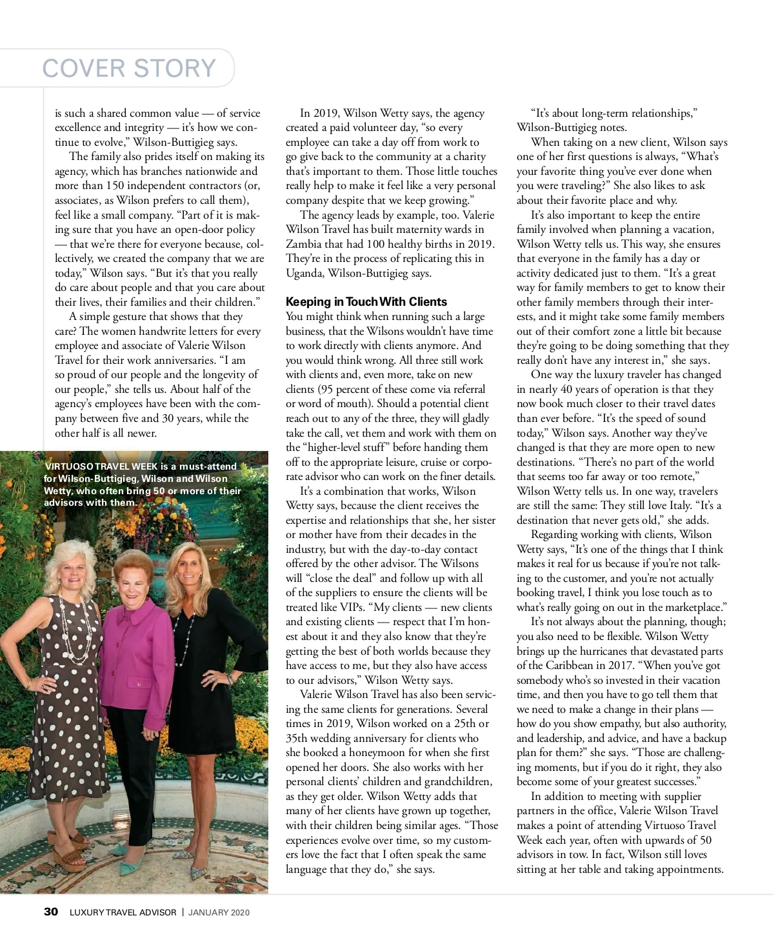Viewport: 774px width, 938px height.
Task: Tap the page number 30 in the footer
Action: point(51,912)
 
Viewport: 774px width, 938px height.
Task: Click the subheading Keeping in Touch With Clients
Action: point(366,301)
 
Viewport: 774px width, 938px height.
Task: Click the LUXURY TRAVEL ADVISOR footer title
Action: point(123,912)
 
